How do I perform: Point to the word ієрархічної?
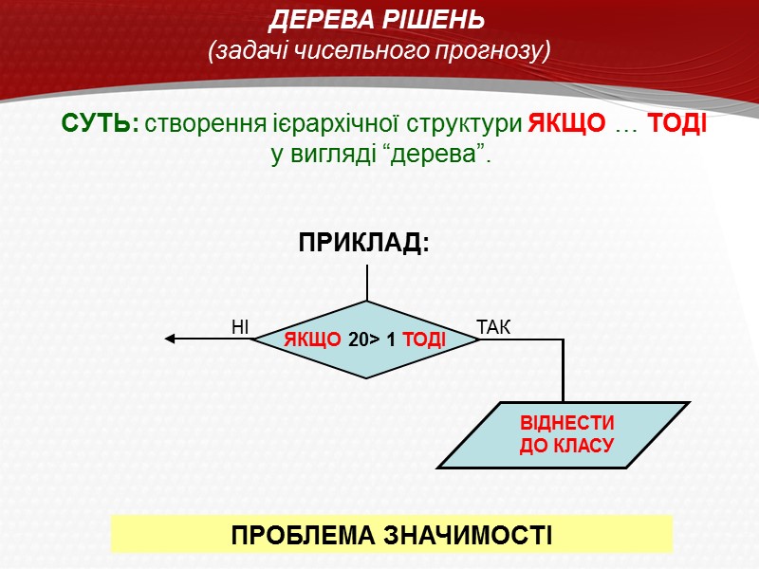click(349, 125)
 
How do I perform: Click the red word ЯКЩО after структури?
click(565, 125)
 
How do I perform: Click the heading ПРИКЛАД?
click(364, 244)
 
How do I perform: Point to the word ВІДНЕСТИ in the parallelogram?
click(567, 424)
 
